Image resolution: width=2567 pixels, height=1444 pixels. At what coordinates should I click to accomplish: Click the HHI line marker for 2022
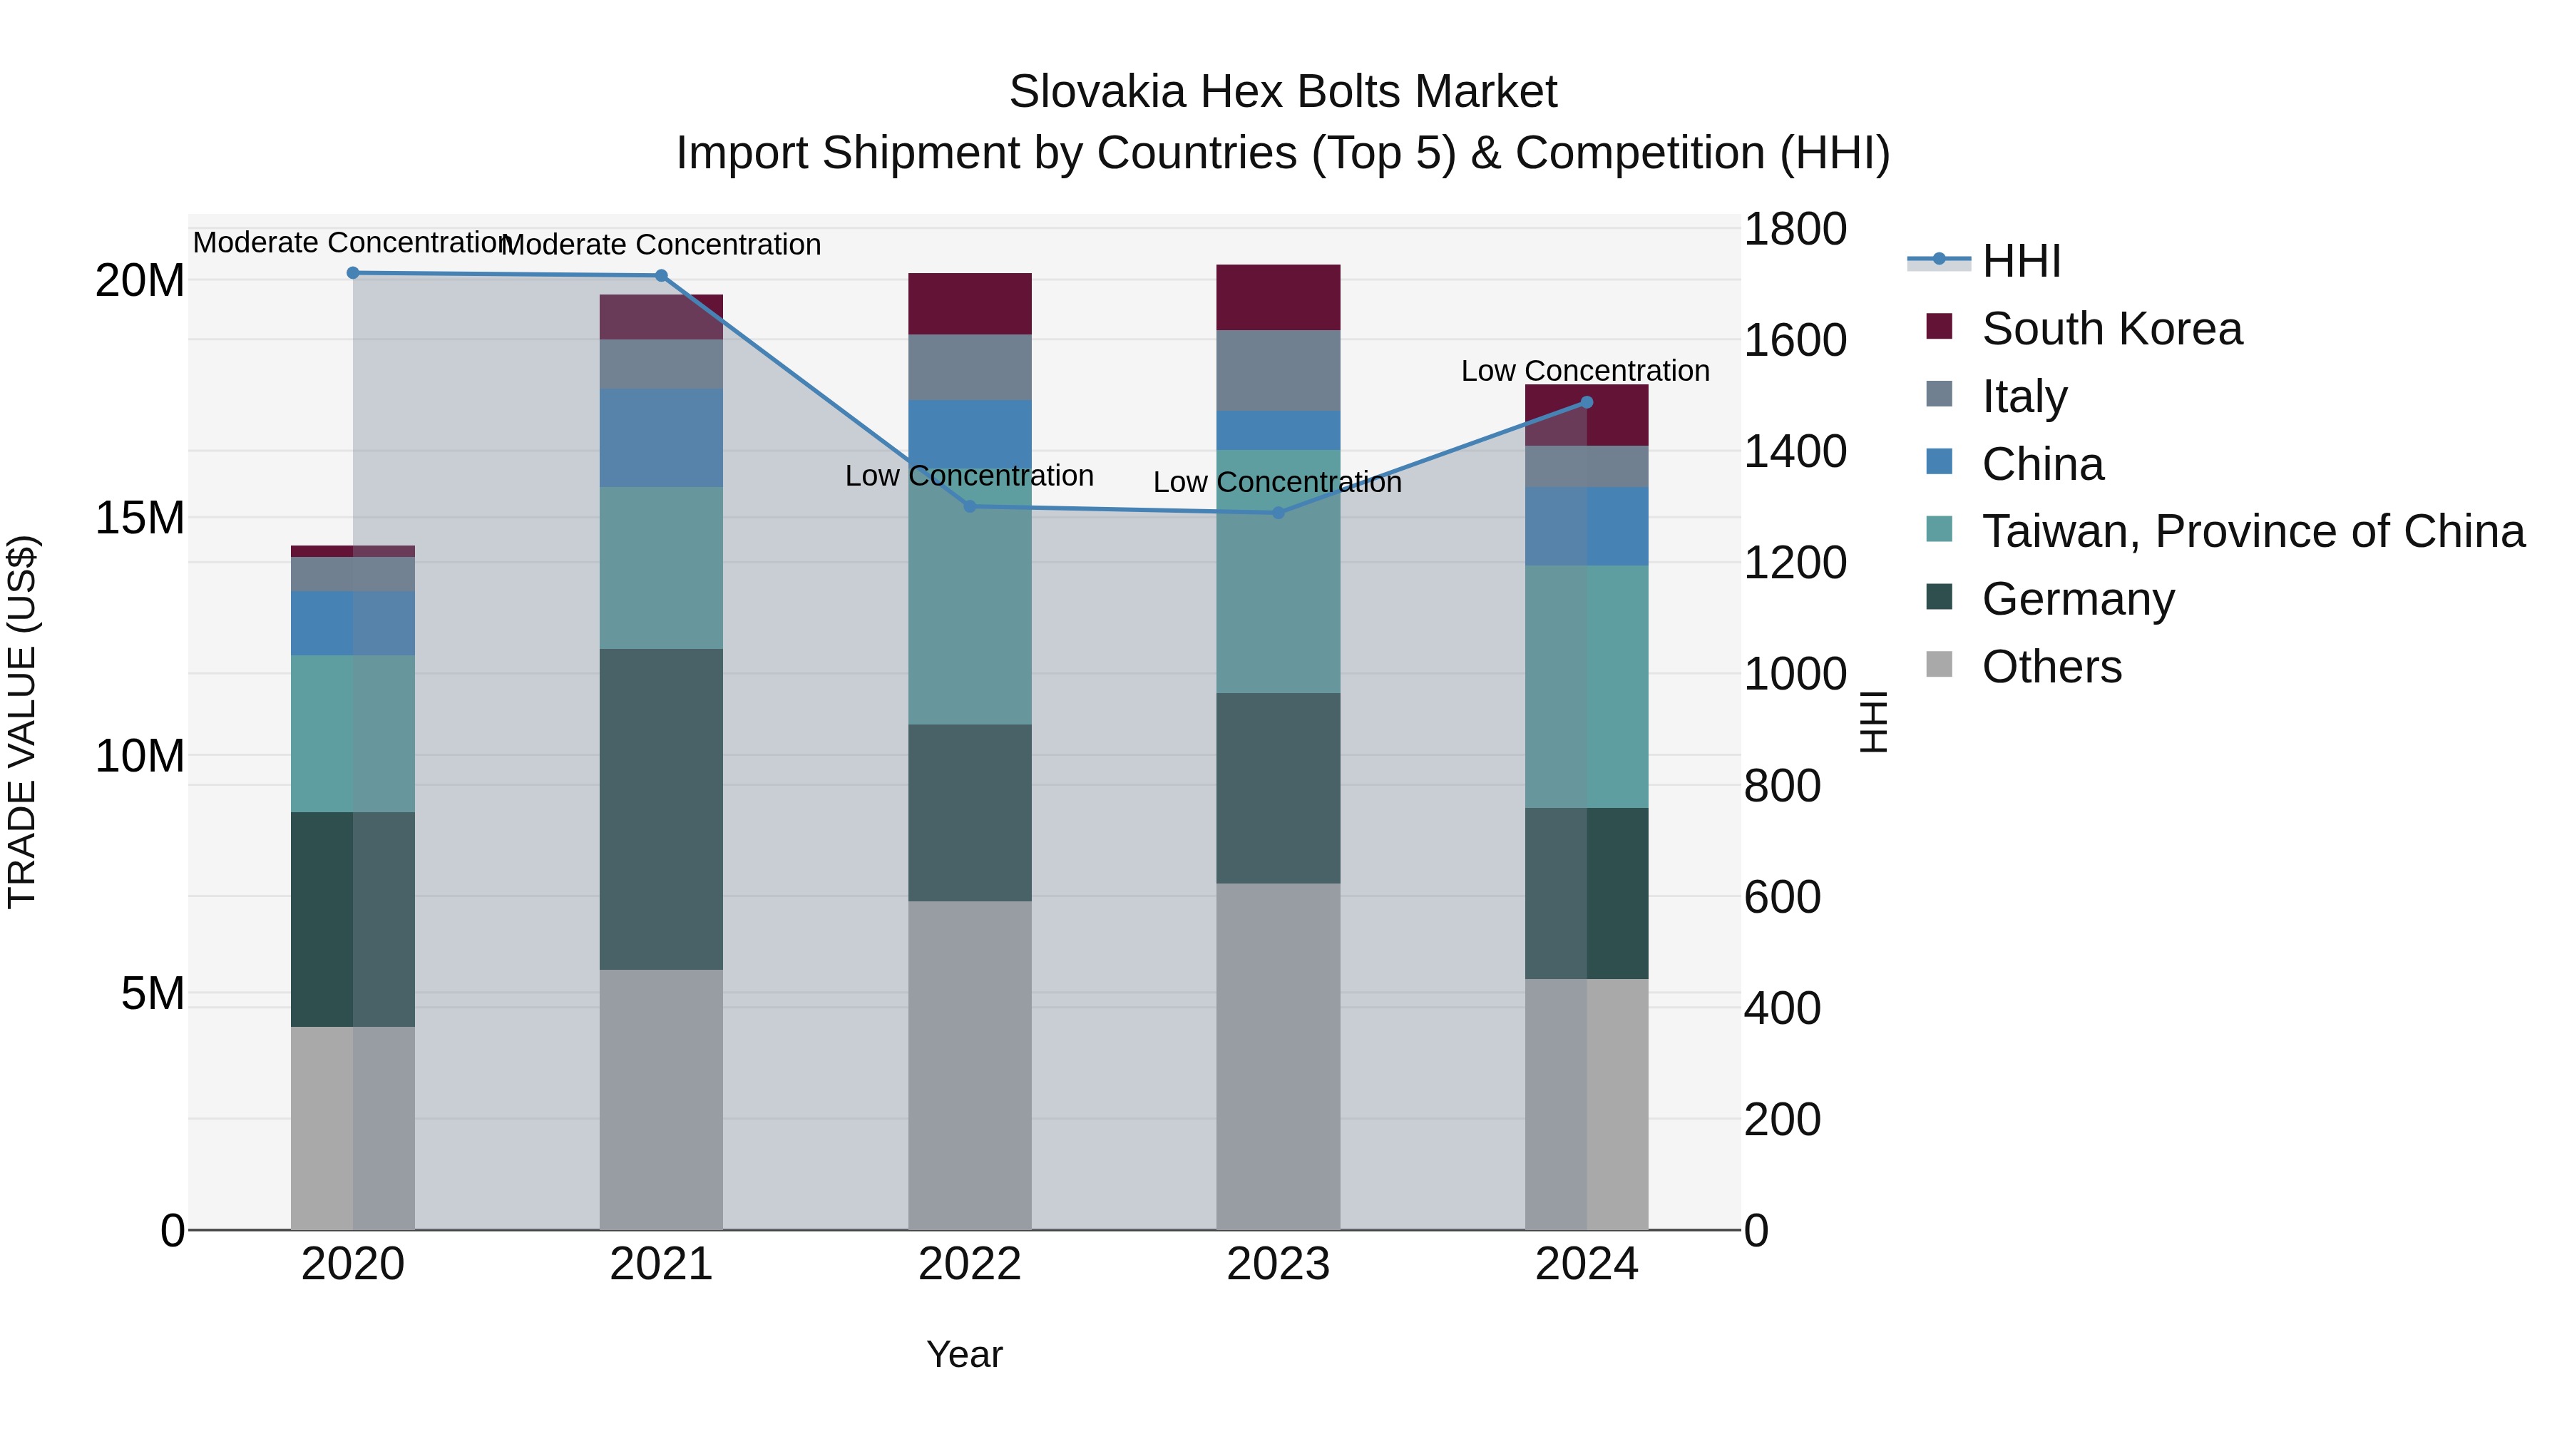pos(970,506)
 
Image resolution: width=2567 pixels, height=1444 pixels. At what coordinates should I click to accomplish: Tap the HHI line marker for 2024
pos(1587,403)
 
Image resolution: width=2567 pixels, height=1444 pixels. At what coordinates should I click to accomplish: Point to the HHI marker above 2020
pos(353,273)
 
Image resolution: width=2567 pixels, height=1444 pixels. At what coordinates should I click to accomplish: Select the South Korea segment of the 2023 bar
pos(1278,297)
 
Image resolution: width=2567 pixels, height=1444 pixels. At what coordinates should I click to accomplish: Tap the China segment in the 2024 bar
pos(1587,526)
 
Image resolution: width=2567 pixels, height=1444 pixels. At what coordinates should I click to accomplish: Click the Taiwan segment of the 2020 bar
pos(353,734)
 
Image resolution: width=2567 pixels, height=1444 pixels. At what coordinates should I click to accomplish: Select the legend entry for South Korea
pos(2111,329)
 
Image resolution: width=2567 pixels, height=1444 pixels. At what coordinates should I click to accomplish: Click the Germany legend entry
pos(2078,599)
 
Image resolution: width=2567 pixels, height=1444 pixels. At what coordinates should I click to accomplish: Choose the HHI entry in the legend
pos(2021,261)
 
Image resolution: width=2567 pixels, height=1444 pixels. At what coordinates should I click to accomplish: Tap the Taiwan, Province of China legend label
pos(2252,531)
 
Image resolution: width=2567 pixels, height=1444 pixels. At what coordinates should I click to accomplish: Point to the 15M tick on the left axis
pos(140,518)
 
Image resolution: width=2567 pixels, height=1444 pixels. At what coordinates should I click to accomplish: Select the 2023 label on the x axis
pos(1278,1264)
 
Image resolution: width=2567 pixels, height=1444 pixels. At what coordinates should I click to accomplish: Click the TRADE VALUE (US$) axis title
pos(22,722)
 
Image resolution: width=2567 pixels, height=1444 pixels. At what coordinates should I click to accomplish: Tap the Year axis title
pos(963,1354)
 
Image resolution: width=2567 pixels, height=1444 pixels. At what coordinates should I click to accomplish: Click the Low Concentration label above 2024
pos(1584,371)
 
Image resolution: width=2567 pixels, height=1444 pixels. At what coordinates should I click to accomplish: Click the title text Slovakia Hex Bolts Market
pos(1283,92)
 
